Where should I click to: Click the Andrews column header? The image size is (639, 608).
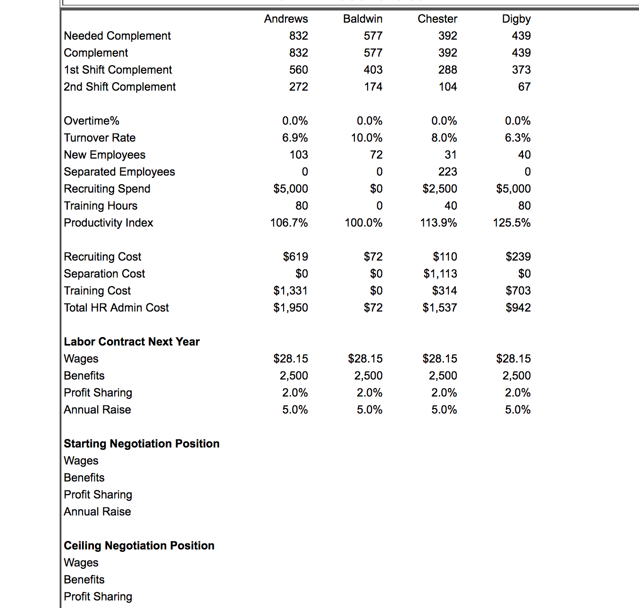click(x=286, y=19)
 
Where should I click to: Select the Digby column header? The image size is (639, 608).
click(x=516, y=19)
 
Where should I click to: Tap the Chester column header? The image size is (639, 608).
click(x=437, y=19)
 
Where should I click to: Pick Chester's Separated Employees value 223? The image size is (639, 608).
click(x=447, y=172)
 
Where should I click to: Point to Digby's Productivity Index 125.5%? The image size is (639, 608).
click(x=512, y=223)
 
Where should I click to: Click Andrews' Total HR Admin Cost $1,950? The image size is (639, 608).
click(x=290, y=308)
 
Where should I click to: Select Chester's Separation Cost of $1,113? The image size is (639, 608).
click(x=440, y=274)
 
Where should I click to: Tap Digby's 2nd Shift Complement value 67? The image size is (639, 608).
click(x=524, y=87)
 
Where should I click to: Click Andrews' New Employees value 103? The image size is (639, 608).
click(x=298, y=155)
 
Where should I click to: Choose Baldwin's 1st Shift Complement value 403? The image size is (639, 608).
click(x=373, y=70)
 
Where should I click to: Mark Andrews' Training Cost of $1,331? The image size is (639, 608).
click(x=290, y=291)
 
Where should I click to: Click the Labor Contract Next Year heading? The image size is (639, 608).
click(x=132, y=342)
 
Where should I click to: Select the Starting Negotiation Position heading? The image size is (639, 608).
click(x=142, y=444)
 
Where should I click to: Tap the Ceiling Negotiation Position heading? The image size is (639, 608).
click(x=139, y=546)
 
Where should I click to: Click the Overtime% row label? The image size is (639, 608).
click(x=92, y=121)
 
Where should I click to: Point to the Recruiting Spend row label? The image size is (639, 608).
click(x=107, y=189)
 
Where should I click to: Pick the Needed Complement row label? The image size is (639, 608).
click(x=117, y=36)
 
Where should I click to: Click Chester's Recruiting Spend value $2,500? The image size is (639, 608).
click(x=439, y=189)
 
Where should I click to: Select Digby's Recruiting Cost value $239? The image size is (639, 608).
click(x=518, y=257)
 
